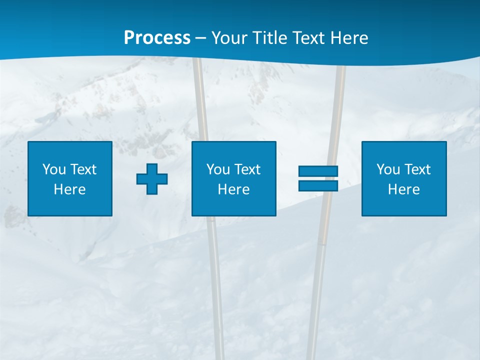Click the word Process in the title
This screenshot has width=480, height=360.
(157, 38)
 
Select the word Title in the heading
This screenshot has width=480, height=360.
(270, 38)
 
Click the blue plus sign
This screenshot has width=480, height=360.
(152, 178)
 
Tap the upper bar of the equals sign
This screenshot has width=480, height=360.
(318, 171)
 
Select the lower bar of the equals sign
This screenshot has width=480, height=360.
(318, 185)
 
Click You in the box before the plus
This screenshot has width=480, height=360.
(54, 169)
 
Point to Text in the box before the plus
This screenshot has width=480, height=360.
(82, 169)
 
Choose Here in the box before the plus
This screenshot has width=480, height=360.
(70, 189)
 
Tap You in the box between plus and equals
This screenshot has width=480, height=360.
(218, 169)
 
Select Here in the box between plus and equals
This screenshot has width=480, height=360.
(234, 189)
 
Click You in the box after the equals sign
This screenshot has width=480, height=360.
(388, 169)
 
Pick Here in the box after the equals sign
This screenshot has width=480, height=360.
(404, 189)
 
